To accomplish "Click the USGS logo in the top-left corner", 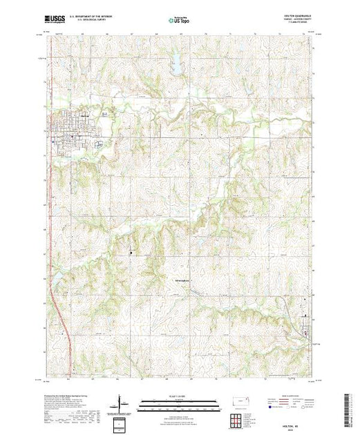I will tap(55, 20).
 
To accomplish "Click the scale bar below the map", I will tap(179, 402).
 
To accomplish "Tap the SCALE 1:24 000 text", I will tap(179, 395).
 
